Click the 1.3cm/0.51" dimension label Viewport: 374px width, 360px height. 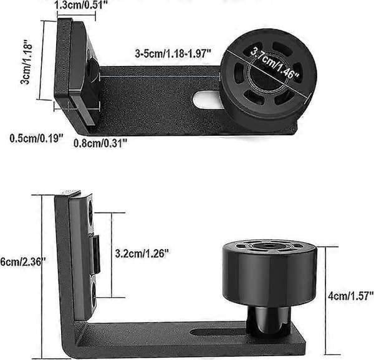(81, 5)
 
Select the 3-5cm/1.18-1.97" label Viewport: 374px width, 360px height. (173, 54)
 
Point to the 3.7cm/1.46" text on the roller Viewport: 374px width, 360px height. (274, 63)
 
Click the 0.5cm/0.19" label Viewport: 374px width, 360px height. (37, 138)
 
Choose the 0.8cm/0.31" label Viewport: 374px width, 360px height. (100, 143)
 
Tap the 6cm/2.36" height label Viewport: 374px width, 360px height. (23, 262)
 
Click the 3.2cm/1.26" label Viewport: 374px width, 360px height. (142, 253)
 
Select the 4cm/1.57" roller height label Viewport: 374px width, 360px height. (350, 296)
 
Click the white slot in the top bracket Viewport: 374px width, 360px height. (205, 100)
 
